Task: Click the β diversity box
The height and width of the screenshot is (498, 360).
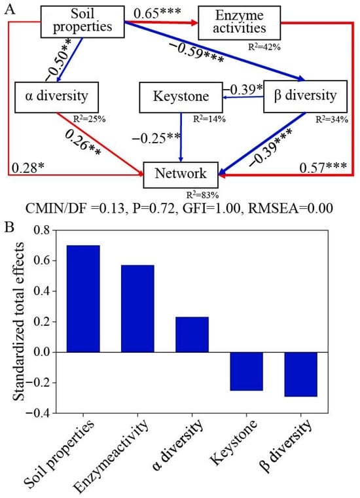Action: (x=300, y=96)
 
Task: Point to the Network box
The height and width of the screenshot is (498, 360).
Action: (x=182, y=174)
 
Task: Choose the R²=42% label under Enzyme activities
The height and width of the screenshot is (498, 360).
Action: (x=262, y=47)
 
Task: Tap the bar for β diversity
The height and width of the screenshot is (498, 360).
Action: (x=300, y=374)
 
